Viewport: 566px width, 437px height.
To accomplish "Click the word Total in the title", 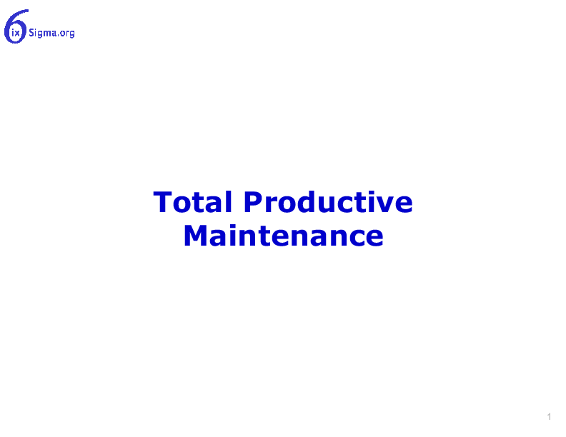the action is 192,202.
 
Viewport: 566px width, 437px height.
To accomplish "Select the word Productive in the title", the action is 328,202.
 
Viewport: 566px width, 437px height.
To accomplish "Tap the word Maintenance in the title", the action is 284,236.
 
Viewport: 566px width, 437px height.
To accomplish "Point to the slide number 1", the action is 549,416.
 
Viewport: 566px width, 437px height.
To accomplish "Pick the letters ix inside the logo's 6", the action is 16,34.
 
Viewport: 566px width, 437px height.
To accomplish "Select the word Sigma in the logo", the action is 43,33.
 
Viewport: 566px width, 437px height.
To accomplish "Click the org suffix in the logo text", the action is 67,34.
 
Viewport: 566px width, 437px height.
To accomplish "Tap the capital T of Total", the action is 162,202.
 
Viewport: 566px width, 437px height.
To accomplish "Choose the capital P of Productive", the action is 253,202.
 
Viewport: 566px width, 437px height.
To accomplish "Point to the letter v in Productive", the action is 384,204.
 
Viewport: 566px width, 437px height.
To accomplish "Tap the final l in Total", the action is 228,201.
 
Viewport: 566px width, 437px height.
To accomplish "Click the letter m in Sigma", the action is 47,34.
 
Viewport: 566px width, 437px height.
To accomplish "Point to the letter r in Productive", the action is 270,204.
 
